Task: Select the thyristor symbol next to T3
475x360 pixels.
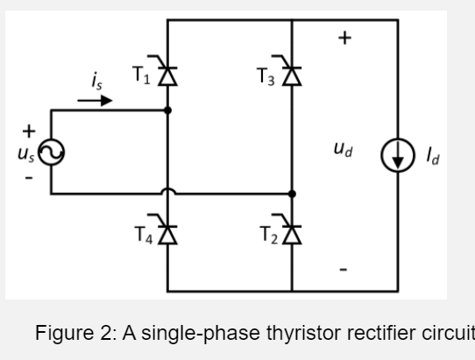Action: pos(291,76)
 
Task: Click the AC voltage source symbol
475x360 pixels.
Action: pos(50,154)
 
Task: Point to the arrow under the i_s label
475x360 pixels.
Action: pos(96,100)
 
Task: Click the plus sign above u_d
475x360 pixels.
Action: pos(344,39)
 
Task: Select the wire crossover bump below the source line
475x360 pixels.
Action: pos(167,188)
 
